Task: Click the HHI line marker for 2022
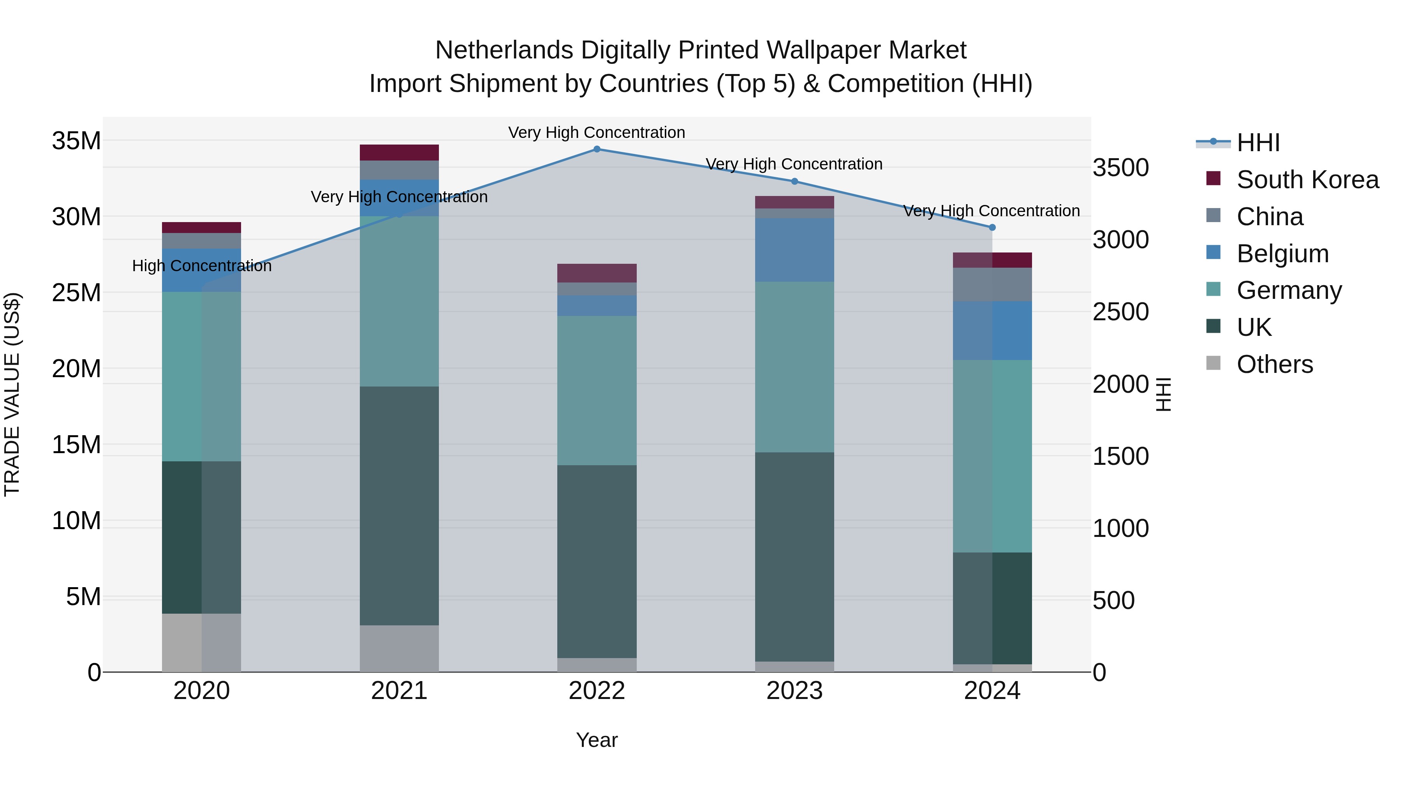pyautogui.click(x=597, y=149)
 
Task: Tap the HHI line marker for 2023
pyautogui.click(x=794, y=181)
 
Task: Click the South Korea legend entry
pyautogui.click(x=1307, y=180)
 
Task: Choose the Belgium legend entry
pyautogui.click(x=1282, y=254)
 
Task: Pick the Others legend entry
pyautogui.click(x=1274, y=364)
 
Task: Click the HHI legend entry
pyautogui.click(x=1258, y=143)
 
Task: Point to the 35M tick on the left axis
pyautogui.click(x=76, y=141)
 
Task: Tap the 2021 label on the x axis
pyautogui.click(x=399, y=691)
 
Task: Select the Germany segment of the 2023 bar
pyautogui.click(x=794, y=367)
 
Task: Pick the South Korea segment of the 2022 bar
pyautogui.click(x=597, y=273)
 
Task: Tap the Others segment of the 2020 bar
pyautogui.click(x=201, y=642)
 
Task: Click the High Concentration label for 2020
pyautogui.click(x=201, y=266)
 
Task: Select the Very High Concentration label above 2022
pyautogui.click(x=597, y=133)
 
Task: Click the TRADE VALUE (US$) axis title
pyautogui.click(x=12, y=394)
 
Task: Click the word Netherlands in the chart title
pyautogui.click(x=504, y=51)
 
